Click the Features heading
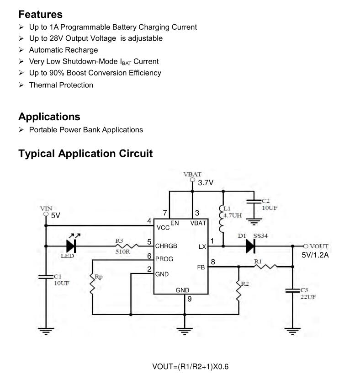pyautogui.click(x=40, y=14)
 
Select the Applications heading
pyautogui.click(x=49, y=117)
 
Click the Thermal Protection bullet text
pyautogui.click(x=61, y=85)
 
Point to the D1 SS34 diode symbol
pyautogui.click(x=249, y=246)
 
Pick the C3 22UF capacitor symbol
pyautogui.click(x=292, y=290)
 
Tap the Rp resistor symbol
pyautogui.click(x=92, y=284)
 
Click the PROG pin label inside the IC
pyautogui.click(x=164, y=259)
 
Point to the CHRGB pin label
pyautogui.click(x=166, y=246)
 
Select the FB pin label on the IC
pyautogui.click(x=201, y=267)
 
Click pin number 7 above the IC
pyautogui.click(x=165, y=213)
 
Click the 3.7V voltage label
pyautogui.click(x=206, y=183)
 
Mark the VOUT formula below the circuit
pyautogui.click(x=194, y=367)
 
